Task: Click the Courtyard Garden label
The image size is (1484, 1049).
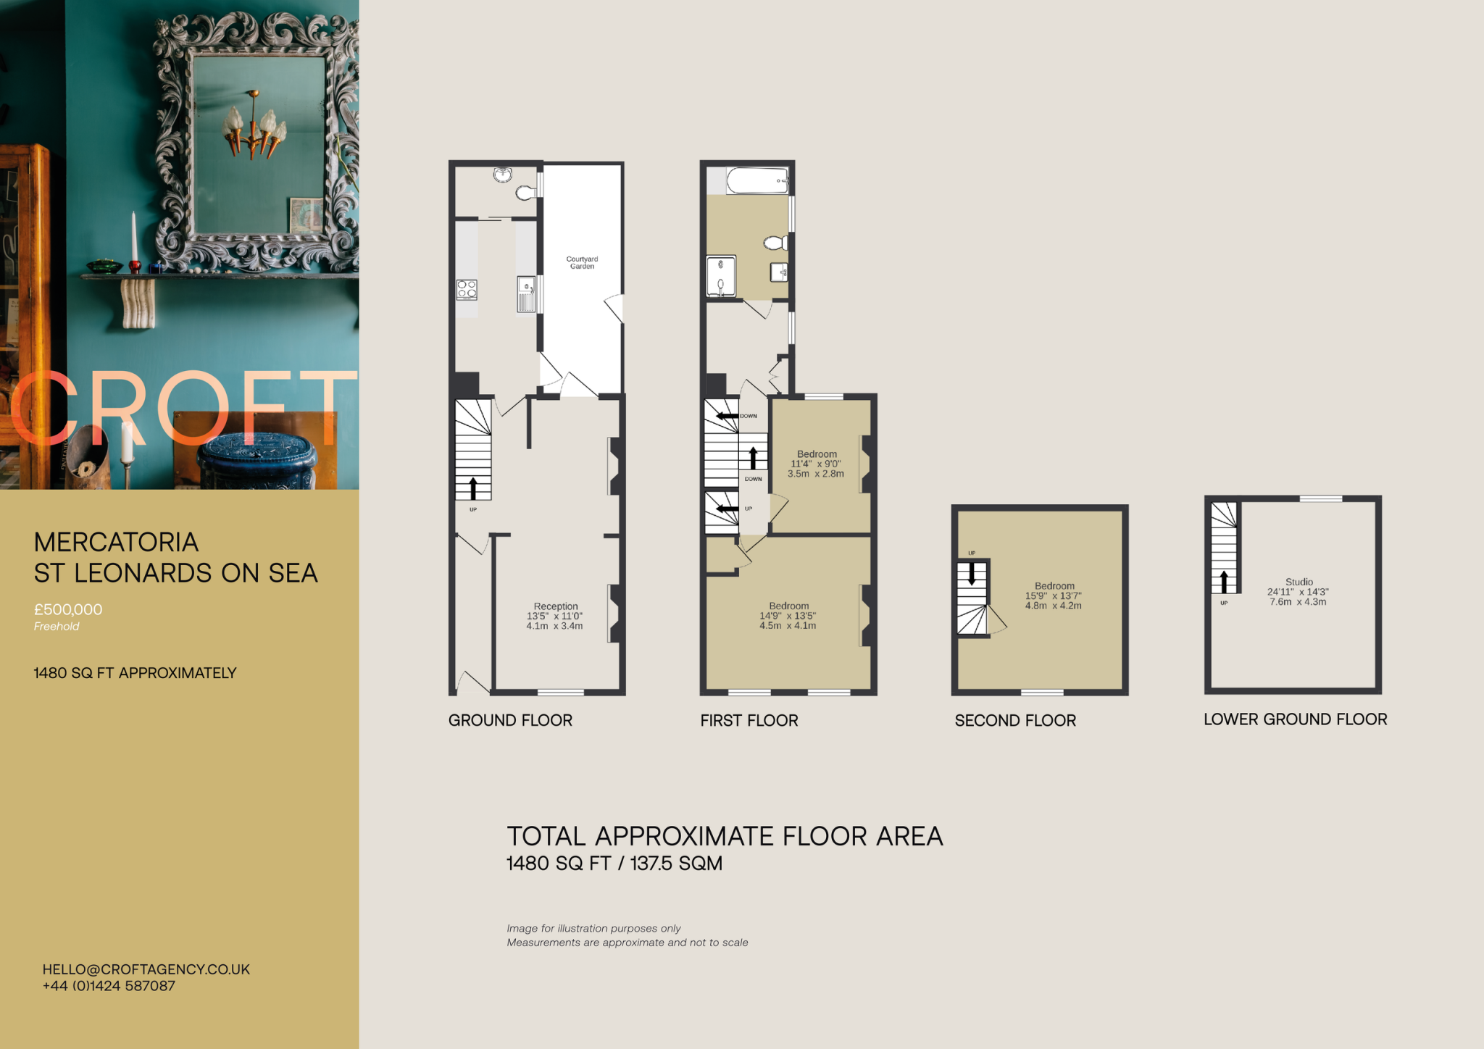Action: [x=582, y=262]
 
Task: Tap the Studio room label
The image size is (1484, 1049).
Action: [x=1298, y=582]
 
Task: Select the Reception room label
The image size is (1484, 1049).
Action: [x=556, y=606]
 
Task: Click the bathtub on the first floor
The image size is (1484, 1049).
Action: [x=756, y=180]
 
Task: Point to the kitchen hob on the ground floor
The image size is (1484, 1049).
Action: [x=467, y=290]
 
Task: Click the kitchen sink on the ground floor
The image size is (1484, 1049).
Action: [x=526, y=294]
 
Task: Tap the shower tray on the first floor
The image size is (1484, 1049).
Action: [x=721, y=276]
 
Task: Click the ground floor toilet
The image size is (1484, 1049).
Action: [x=526, y=193]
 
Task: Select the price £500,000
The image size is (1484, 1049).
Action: [x=68, y=610]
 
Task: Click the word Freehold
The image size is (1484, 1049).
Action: [x=57, y=627]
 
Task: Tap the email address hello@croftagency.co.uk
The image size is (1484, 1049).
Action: [x=146, y=969]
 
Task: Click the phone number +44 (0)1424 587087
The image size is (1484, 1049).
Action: [x=109, y=986]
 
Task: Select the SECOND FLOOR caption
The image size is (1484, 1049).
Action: [x=1015, y=721]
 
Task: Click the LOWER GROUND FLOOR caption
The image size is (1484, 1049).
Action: [x=1295, y=719]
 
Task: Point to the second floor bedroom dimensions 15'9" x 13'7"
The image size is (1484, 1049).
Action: [x=1053, y=596]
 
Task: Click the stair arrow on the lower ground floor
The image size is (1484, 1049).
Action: [x=1224, y=581]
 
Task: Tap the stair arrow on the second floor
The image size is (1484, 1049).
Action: [x=972, y=574]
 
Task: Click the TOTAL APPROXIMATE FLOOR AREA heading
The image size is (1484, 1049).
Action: [x=725, y=837]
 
